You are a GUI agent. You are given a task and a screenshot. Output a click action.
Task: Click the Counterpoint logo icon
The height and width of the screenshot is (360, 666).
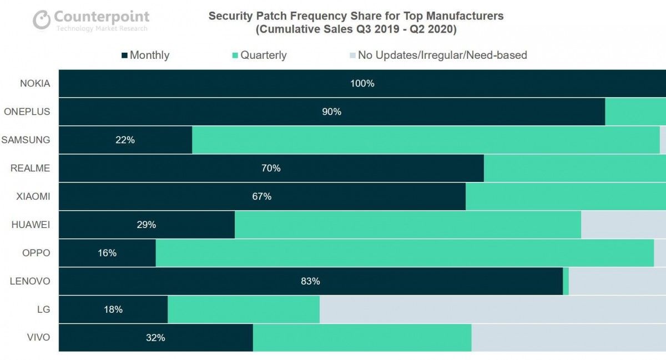click(42, 20)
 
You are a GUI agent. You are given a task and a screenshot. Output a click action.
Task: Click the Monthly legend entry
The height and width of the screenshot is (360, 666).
click(145, 55)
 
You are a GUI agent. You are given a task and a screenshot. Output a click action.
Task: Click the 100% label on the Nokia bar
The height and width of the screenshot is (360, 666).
click(362, 84)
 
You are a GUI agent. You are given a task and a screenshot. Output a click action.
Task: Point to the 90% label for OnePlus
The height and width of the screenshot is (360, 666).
click(331, 112)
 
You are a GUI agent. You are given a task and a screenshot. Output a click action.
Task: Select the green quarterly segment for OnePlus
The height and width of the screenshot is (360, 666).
click(635, 112)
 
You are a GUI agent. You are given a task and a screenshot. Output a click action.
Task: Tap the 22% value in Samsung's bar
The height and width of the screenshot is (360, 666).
click(125, 140)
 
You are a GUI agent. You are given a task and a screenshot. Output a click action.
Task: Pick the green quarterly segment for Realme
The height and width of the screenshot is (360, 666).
click(574, 169)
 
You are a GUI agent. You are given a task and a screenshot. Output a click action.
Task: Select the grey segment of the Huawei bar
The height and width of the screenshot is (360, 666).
click(623, 225)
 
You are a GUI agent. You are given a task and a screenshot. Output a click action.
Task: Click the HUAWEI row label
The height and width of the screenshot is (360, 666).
click(31, 225)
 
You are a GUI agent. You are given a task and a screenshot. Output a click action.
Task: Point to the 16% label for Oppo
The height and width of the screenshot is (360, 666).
click(107, 253)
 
